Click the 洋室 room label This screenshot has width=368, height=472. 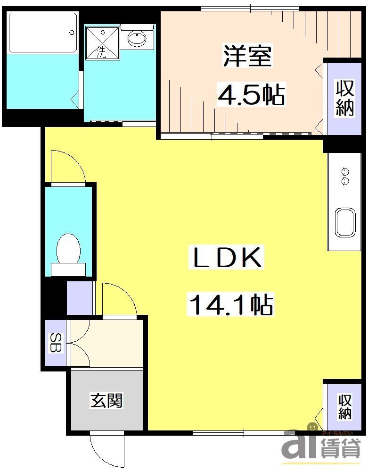247,56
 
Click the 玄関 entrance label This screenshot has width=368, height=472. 106,400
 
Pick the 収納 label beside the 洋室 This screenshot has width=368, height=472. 344,98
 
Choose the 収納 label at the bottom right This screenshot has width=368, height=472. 344,407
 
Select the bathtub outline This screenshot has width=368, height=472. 42,32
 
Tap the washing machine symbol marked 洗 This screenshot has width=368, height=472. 102,42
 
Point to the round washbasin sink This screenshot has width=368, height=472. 137,38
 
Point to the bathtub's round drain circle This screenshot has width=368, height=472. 72,33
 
